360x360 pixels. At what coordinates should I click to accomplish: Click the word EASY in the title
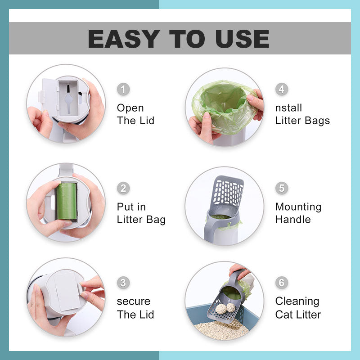click(124, 39)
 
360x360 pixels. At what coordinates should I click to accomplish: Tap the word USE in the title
click(243, 39)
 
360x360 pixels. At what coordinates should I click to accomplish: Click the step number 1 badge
click(123, 89)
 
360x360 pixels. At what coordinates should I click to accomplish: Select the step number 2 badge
click(123, 188)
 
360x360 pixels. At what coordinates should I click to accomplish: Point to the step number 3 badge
click(123, 283)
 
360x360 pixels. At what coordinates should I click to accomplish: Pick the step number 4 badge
click(282, 89)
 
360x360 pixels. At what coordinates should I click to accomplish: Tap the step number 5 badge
click(282, 188)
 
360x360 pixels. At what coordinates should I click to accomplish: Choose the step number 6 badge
click(282, 283)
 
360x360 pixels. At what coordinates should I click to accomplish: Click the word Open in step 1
click(130, 108)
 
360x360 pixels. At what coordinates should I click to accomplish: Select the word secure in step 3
click(134, 301)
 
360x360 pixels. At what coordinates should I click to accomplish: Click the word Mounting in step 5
click(298, 207)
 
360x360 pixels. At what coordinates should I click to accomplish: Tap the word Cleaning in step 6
click(297, 301)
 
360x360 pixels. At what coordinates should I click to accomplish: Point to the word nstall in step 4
click(288, 108)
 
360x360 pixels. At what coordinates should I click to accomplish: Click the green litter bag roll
click(67, 201)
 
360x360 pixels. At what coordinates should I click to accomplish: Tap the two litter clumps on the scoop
click(226, 308)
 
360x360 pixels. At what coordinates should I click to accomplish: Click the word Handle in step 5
click(293, 220)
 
